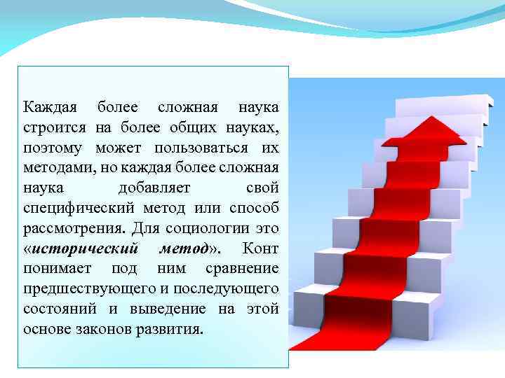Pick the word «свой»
point(262,189)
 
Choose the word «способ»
point(254,209)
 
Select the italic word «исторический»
point(85,248)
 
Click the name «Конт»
point(260,248)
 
